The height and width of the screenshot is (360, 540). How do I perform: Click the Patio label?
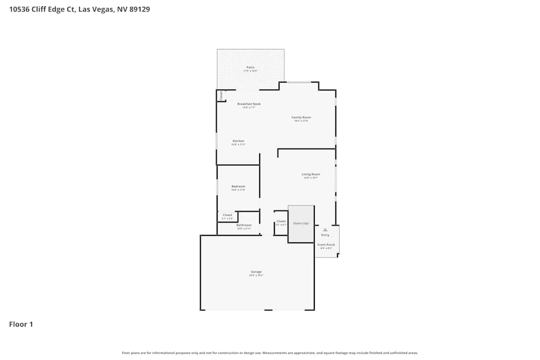click(250, 67)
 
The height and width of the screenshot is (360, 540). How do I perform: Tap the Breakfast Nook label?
click(249, 104)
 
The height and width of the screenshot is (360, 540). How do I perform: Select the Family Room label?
click(301, 117)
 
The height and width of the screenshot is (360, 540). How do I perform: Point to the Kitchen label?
click(238, 141)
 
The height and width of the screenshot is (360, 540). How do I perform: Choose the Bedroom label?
click(238, 186)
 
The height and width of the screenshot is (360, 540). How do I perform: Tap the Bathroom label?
click(244, 225)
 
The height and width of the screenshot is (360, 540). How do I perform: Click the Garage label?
click(256, 272)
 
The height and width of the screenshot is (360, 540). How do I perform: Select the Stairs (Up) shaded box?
click(301, 223)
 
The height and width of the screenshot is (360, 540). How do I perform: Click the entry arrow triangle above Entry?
click(325, 229)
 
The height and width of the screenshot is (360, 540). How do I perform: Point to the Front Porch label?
click(326, 244)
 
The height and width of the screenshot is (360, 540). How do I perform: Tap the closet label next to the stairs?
click(281, 221)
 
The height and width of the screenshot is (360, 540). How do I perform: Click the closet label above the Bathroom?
click(227, 215)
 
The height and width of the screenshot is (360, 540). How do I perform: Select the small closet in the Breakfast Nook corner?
click(221, 95)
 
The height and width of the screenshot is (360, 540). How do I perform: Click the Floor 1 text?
click(21, 324)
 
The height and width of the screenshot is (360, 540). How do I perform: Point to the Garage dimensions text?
click(256, 276)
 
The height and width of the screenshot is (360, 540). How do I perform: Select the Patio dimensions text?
click(250, 71)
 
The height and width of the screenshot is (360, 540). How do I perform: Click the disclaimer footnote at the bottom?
click(269, 353)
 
